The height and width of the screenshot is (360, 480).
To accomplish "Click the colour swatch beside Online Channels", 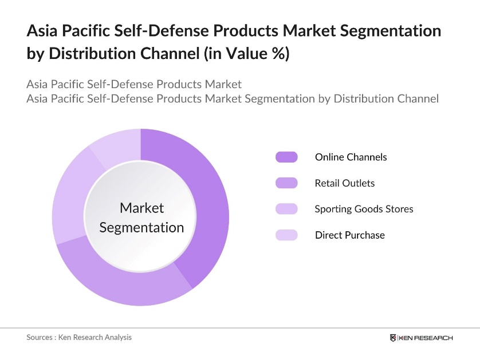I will click(286, 157).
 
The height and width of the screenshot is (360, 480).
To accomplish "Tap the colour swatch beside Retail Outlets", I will click(286, 183).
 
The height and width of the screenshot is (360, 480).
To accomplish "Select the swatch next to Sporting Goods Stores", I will click(286, 209).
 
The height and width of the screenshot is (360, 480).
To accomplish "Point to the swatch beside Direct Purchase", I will click(286, 235).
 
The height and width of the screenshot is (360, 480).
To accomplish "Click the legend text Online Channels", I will click(351, 157).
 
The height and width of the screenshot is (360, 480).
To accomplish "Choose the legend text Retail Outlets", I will click(344, 183).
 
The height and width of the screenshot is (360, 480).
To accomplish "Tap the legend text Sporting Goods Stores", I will click(364, 209).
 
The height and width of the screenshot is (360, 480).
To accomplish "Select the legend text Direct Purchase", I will click(349, 235).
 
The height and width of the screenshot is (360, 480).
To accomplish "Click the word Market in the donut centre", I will click(141, 208).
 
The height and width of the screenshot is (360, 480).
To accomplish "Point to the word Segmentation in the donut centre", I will click(141, 227).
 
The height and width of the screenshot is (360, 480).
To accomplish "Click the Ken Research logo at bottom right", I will click(421, 338).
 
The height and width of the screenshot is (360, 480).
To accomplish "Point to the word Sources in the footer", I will click(40, 337).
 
